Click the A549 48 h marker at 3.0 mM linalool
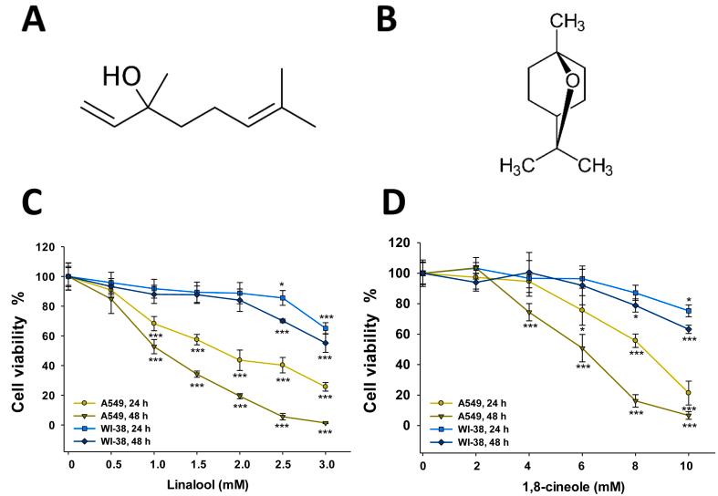click(x=325, y=423)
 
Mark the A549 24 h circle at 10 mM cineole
click(x=688, y=393)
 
